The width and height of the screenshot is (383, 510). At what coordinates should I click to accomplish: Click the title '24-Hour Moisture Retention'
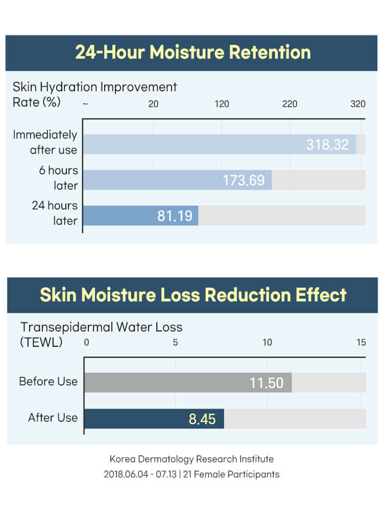click(x=193, y=52)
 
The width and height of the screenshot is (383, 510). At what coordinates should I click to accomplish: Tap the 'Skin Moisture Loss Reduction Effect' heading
click(x=193, y=295)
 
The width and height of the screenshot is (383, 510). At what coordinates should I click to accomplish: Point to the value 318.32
click(x=327, y=145)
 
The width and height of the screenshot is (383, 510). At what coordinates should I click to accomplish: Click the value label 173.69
click(x=244, y=181)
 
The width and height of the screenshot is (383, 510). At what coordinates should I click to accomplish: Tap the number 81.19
click(x=175, y=216)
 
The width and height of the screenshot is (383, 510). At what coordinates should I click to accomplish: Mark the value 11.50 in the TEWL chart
click(x=266, y=383)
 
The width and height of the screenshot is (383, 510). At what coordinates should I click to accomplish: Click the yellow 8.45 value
click(x=202, y=419)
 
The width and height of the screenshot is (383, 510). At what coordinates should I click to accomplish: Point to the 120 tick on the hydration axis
click(x=222, y=104)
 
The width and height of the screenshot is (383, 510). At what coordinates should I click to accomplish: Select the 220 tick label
click(x=290, y=104)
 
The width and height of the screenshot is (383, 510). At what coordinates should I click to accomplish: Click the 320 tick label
click(x=358, y=104)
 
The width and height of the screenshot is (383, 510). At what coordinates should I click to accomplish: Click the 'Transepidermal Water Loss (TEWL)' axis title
click(x=101, y=334)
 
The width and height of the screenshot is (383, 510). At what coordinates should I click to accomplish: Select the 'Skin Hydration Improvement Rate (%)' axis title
click(x=94, y=94)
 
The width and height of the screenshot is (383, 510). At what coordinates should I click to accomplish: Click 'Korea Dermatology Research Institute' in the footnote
click(x=192, y=459)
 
